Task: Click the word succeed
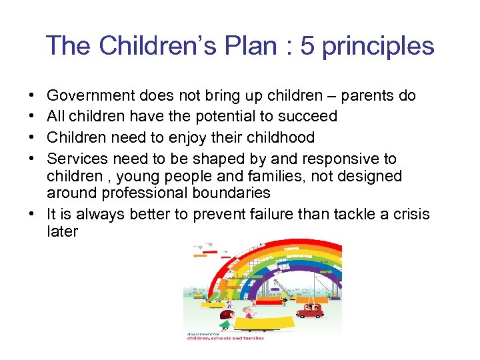click(x=308, y=117)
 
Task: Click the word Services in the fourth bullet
click(x=77, y=159)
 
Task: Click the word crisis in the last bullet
click(x=411, y=214)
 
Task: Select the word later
click(x=63, y=231)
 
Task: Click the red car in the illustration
click(x=309, y=311)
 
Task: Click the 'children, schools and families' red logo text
click(x=225, y=338)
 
